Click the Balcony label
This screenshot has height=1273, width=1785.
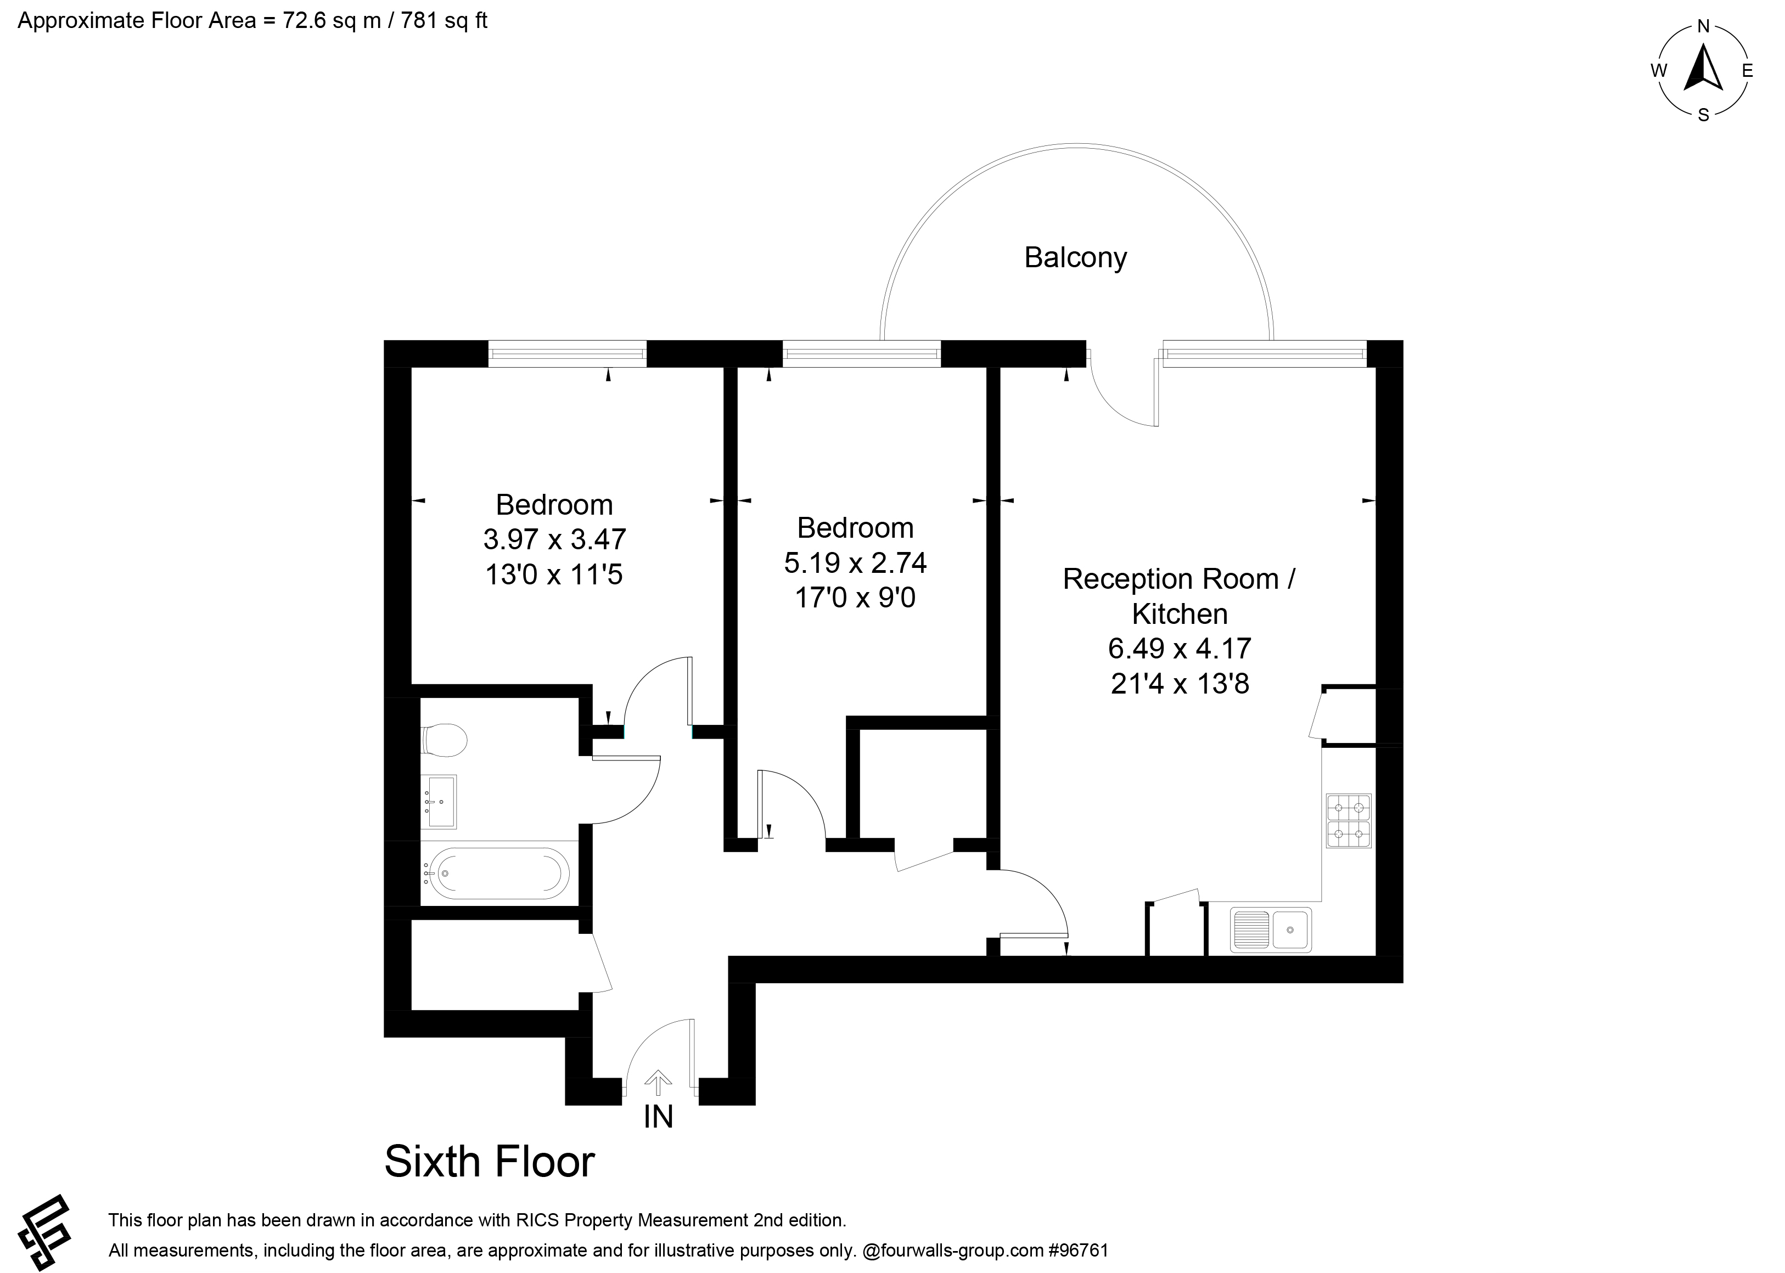pos(1075,258)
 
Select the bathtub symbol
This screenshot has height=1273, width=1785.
pos(499,872)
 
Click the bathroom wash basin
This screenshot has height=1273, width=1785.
pos(439,801)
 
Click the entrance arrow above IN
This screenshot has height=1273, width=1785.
pos(658,1083)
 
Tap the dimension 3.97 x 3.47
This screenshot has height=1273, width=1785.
pos(554,539)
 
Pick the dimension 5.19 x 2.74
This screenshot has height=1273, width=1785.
pos(855,563)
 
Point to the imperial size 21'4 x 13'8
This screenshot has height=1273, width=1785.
pos(1179,684)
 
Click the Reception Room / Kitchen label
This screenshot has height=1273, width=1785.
pos(1179,596)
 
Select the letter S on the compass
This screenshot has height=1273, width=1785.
pos(1703,115)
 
